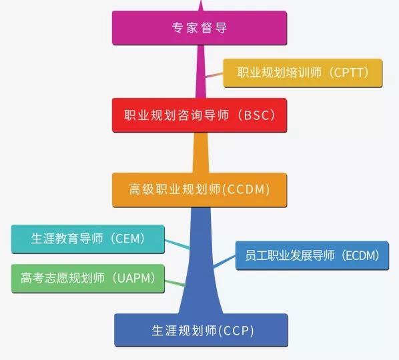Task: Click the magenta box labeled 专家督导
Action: (x=199, y=28)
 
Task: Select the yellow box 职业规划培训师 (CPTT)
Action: (x=302, y=73)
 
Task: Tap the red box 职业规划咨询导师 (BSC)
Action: (x=199, y=115)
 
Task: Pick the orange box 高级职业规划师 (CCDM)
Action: (x=199, y=190)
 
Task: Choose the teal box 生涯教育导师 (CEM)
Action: (x=88, y=239)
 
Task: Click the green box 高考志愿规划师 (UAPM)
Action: (x=88, y=279)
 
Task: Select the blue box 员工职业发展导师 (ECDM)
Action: (x=312, y=255)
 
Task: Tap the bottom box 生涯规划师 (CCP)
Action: (x=201, y=330)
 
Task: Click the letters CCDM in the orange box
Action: (x=246, y=189)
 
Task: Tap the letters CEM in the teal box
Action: (x=127, y=239)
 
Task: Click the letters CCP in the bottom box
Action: (x=236, y=331)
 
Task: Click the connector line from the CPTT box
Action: (x=214, y=75)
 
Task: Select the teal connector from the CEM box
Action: (x=177, y=244)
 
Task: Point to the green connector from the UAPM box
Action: (x=175, y=283)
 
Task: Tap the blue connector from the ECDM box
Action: (x=224, y=261)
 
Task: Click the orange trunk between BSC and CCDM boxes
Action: (x=201, y=153)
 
